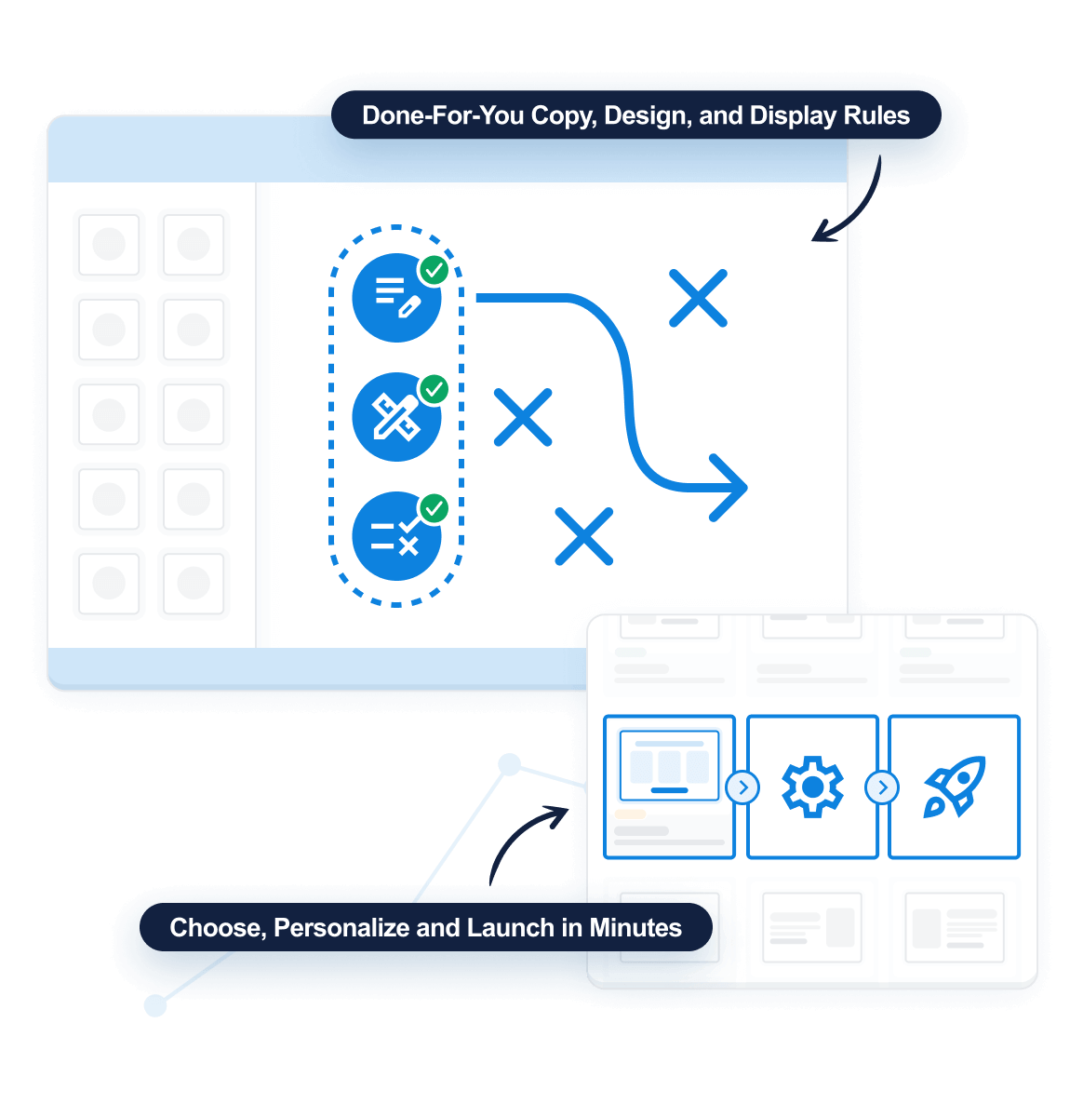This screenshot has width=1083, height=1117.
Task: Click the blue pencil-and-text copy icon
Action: click(x=396, y=298)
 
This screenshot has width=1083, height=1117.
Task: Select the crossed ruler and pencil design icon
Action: click(x=396, y=417)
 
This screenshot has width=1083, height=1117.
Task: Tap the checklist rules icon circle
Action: click(x=396, y=536)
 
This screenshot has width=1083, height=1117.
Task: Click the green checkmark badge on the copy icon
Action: click(x=434, y=270)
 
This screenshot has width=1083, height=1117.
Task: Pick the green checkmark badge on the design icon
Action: click(x=434, y=389)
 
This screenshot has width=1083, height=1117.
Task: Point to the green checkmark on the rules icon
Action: click(x=434, y=508)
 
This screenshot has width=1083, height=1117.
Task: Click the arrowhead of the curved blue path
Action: click(x=730, y=487)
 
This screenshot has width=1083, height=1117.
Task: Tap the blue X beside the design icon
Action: click(x=523, y=417)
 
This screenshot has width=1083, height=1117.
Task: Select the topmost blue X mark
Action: click(x=698, y=298)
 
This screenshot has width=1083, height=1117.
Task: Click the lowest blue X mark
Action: click(x=583, y=536)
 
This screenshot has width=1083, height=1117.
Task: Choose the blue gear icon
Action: click(x=812, y=787)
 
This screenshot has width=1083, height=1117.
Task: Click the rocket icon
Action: click(x=954, y=787)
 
